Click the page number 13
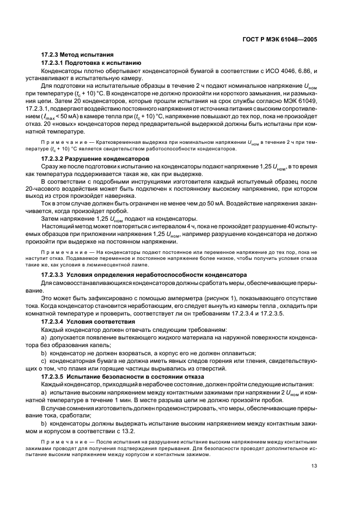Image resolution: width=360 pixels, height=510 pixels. point(314,466)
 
